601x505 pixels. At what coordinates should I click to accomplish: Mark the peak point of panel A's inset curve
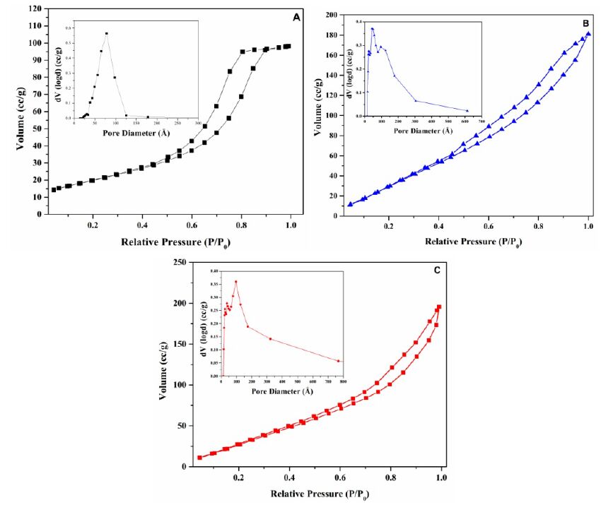[x=107, y=33]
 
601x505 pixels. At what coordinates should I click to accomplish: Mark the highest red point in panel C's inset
[x=235, y=282]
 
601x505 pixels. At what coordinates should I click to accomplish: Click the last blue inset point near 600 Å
[x=467, y=110]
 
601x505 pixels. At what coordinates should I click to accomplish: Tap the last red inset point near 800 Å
[x=339, y=361]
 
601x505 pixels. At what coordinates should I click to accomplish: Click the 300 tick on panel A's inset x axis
[x=198, y=123]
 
